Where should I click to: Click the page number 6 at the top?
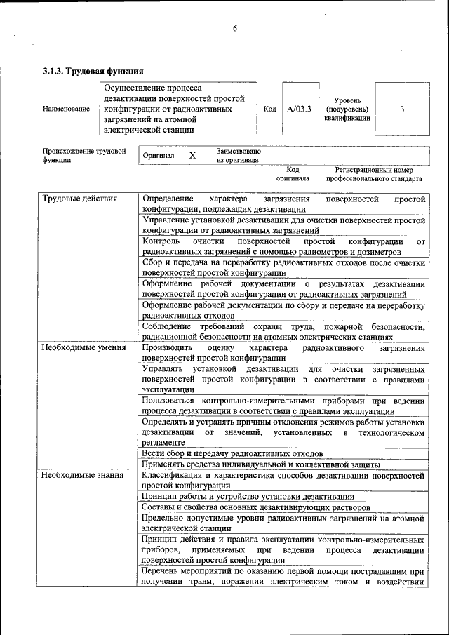pyautogui.click(x=235, y=29)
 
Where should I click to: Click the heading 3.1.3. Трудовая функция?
pyautogui.click(x=93, y=71)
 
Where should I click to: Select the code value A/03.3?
pyautogui.click(x=300, y=109)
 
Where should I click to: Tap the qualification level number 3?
pyautogui.click(x=402, y=109)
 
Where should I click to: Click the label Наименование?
pyautogui.click(x=66, y=109)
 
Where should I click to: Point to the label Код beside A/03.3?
pyautogui.click(x=269, y=109)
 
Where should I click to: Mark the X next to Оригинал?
pyautogui.click(x=192, y=155)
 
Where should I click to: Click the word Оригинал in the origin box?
pyautogui.click(x=159, y=155)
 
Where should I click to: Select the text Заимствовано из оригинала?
pyautogui.click(x=239, y=155)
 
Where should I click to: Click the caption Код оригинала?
pyautogui.click(x=293, y=174)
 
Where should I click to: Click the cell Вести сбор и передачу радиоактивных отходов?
pyautogui.click(x=232, y=454)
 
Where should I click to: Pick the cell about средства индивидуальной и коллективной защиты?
pyautogui.click(x=260, y=464)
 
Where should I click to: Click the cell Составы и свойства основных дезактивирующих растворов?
pyautogui.click(x=255, y=507)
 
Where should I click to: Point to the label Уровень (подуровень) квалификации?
pyautogui.click(x=346, y=109)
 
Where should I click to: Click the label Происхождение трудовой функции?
pyautogui.click(x=83, y=155)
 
